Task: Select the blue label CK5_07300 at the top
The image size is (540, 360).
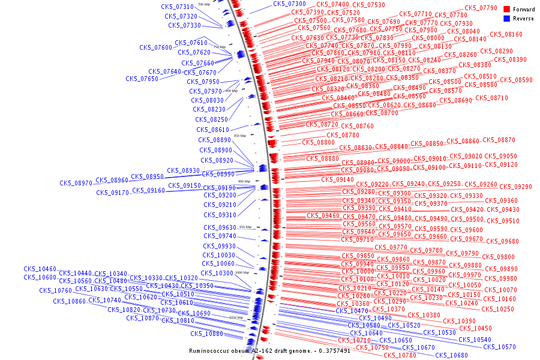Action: (289, 4)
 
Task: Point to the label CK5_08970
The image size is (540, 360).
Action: (76, 183)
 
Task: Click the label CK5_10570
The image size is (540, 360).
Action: (499, 347)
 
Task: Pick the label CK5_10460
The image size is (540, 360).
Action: (40, 269)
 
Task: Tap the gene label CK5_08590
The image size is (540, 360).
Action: (516, 80)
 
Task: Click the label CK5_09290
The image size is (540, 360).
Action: (515, 187)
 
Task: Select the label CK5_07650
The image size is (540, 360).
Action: (142, 79)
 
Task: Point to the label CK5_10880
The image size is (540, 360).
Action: (206, 334)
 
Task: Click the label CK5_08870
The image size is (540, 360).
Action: (499, 140)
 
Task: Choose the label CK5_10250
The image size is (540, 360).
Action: (497, 310)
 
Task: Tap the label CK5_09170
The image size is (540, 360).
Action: (112, 193)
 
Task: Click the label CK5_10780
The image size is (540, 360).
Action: (400, 356)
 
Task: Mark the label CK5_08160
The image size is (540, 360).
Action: (506, 35)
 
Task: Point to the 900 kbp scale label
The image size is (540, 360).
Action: (244, 181)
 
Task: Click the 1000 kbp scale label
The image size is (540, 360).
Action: (242, 272)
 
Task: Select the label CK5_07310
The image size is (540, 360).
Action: (178, 7)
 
